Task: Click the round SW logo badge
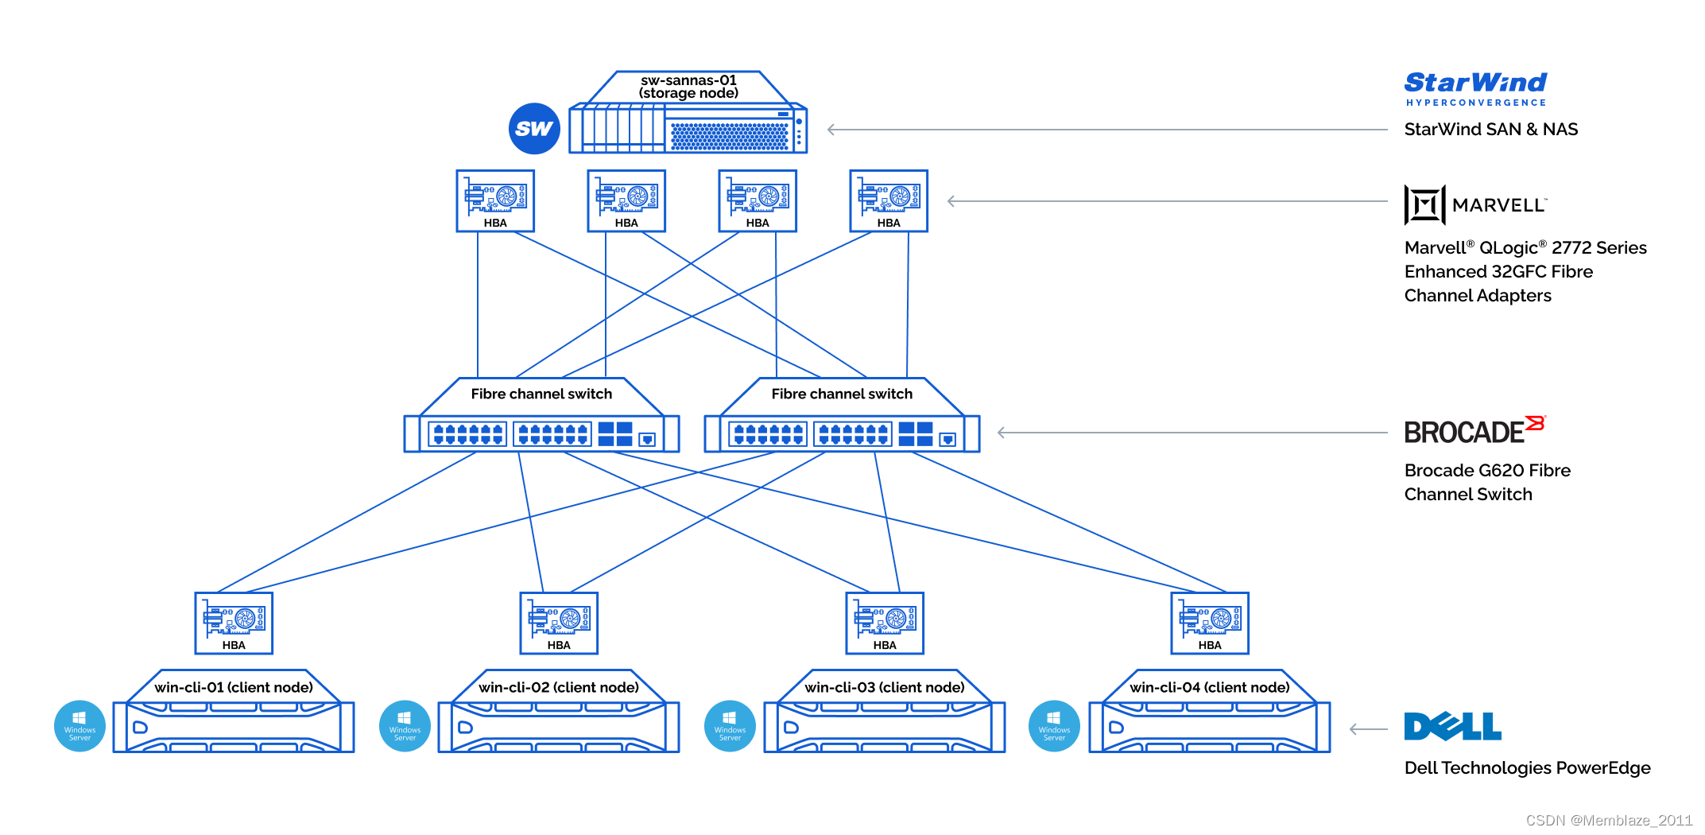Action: [x=534, y=129]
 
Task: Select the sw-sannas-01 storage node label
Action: [x=688, y=87]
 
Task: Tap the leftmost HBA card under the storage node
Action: [x=495, y=200]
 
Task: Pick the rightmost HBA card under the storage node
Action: [x=889, y=200]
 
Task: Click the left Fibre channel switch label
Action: [x=541, y=394]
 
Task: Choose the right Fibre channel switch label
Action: [x=842, y=394]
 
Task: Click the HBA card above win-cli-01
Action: [x=234, y=623]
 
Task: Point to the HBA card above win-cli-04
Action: [x=1210, y=623]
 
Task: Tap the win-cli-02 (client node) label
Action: [x=559, y=687]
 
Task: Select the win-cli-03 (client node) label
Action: [x=885, y=687]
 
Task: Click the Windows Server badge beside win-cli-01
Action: [x=79, y=726]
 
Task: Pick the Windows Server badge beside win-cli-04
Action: [x=1054, y=726]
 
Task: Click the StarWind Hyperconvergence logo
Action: [x=1475, y=88]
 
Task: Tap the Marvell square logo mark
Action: [x=1424, y=205]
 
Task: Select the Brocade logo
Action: [x=1474, y=430]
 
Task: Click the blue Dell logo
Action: [x=1452, y=726]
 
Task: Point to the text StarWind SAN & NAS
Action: [x=1490, y=130]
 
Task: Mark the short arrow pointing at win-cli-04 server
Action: [x=1369, y=728]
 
